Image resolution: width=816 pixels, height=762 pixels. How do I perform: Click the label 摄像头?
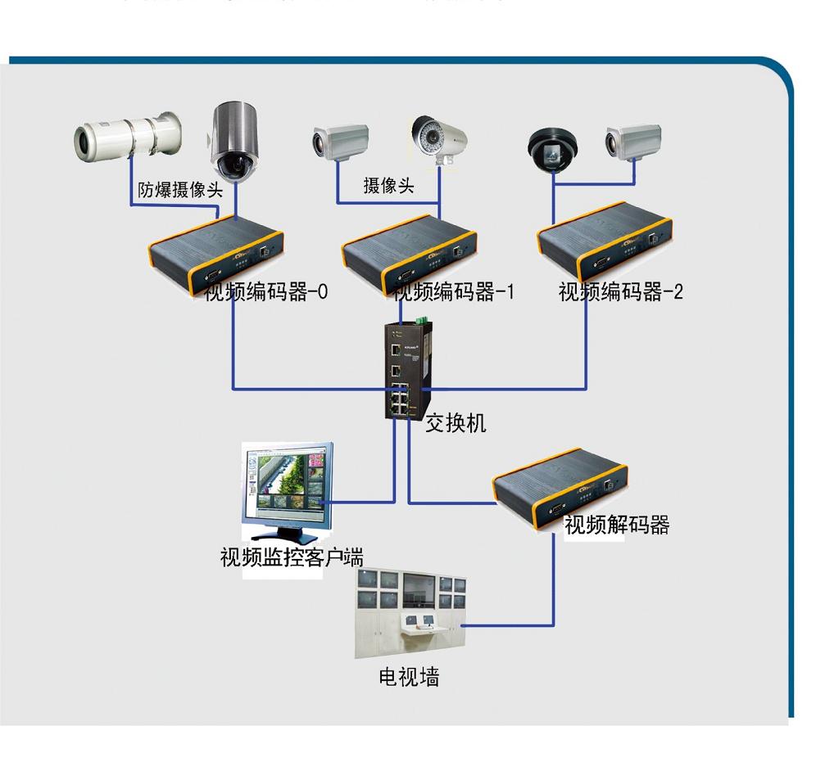(388, 186)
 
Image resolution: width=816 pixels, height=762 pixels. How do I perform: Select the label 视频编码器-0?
(266, 291)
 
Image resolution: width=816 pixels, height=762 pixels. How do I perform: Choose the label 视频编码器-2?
(620, 291)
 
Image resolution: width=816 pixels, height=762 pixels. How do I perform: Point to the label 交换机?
(456, 422)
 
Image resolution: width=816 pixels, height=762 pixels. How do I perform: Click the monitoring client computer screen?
(288, 483)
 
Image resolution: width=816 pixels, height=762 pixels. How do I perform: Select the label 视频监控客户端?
(292, 558)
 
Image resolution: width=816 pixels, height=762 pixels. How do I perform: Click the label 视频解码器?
(617, 525)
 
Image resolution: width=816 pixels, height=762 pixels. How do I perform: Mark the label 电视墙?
(409, 677)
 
